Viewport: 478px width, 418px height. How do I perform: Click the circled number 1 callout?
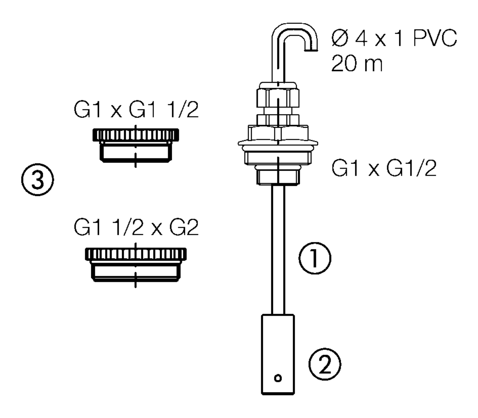point(314,259)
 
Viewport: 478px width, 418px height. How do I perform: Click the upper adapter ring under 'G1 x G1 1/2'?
point(135,145)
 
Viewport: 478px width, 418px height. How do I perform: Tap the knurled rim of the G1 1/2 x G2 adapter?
point(135,253)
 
